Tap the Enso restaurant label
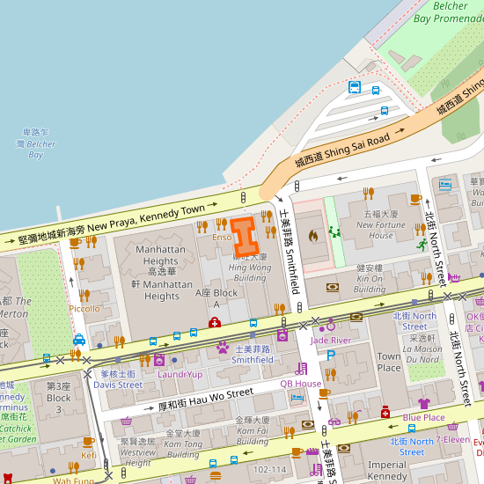tap(222, 238)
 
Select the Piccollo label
tap(84, 309)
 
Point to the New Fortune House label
tap(381, 230)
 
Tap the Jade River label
tap(331, 340)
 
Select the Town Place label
tap(389, 362)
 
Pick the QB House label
tap(301, 384)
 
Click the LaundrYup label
tap(180, 374)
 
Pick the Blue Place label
tap(423, 417)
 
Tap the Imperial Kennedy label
tap(387, 470)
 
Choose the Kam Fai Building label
tap(252, 426)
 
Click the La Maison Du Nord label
tap(423, 354)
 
